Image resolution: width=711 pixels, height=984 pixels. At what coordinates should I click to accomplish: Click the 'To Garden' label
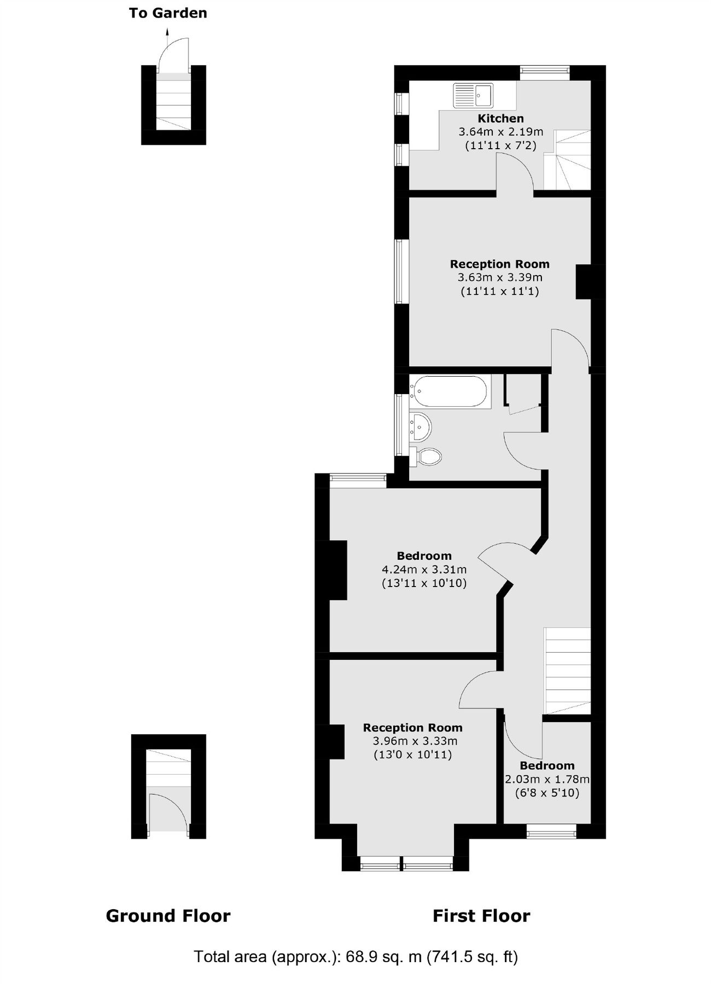pos(168,13)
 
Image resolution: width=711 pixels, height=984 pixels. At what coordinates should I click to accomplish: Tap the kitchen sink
pos(473,95)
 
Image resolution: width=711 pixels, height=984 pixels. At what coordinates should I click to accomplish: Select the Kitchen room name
pos(500,119)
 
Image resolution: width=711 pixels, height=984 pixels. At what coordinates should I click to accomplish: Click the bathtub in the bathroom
pos(450,391)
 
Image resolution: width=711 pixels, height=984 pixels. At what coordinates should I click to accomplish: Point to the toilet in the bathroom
pos(427,456)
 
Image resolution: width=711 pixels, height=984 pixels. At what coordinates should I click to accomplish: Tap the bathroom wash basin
pos(421,426)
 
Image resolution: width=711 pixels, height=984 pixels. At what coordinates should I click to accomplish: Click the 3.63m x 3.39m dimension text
pos(500,278)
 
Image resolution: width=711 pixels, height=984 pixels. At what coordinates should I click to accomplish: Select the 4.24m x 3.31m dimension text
pos(424,570)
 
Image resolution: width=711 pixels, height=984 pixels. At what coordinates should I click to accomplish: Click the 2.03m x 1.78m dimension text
pos(547,780)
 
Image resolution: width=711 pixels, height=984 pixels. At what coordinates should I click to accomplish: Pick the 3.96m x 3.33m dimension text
pos(415,741)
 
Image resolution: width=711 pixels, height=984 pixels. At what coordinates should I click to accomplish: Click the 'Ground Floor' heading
pos(168,916)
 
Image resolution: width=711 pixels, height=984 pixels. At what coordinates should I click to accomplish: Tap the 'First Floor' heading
pos(481,916)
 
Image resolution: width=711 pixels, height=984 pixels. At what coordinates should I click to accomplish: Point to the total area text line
pos(355,957)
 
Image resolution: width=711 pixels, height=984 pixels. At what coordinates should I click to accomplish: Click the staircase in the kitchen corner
pos(569,160)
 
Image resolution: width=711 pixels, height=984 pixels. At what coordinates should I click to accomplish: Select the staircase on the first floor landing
pos(568,670)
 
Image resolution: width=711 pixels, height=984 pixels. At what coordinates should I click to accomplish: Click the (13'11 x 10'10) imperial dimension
pos(424,583)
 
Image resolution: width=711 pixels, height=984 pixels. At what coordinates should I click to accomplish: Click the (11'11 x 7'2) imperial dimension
pos(500,146)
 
